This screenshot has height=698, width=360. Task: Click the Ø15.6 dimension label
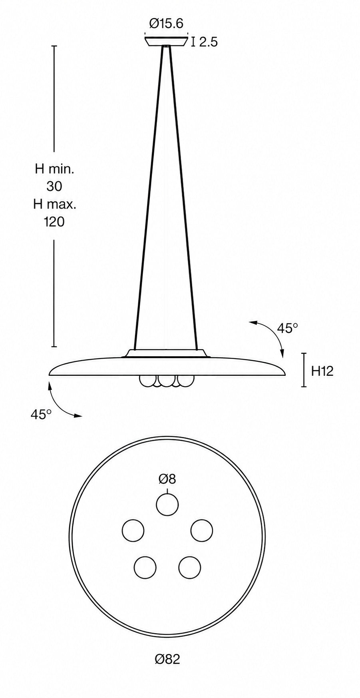coord(166,24)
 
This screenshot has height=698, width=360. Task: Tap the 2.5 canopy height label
coord(208,42)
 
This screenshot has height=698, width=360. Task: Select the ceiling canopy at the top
coord(166,42)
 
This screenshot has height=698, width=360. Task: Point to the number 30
coord(54,186)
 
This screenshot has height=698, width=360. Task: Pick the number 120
coord(54,221)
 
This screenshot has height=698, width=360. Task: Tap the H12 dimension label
coord(322,371)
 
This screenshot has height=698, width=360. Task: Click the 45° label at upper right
coord(288,328)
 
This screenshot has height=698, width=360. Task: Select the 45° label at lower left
coord(41,414)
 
